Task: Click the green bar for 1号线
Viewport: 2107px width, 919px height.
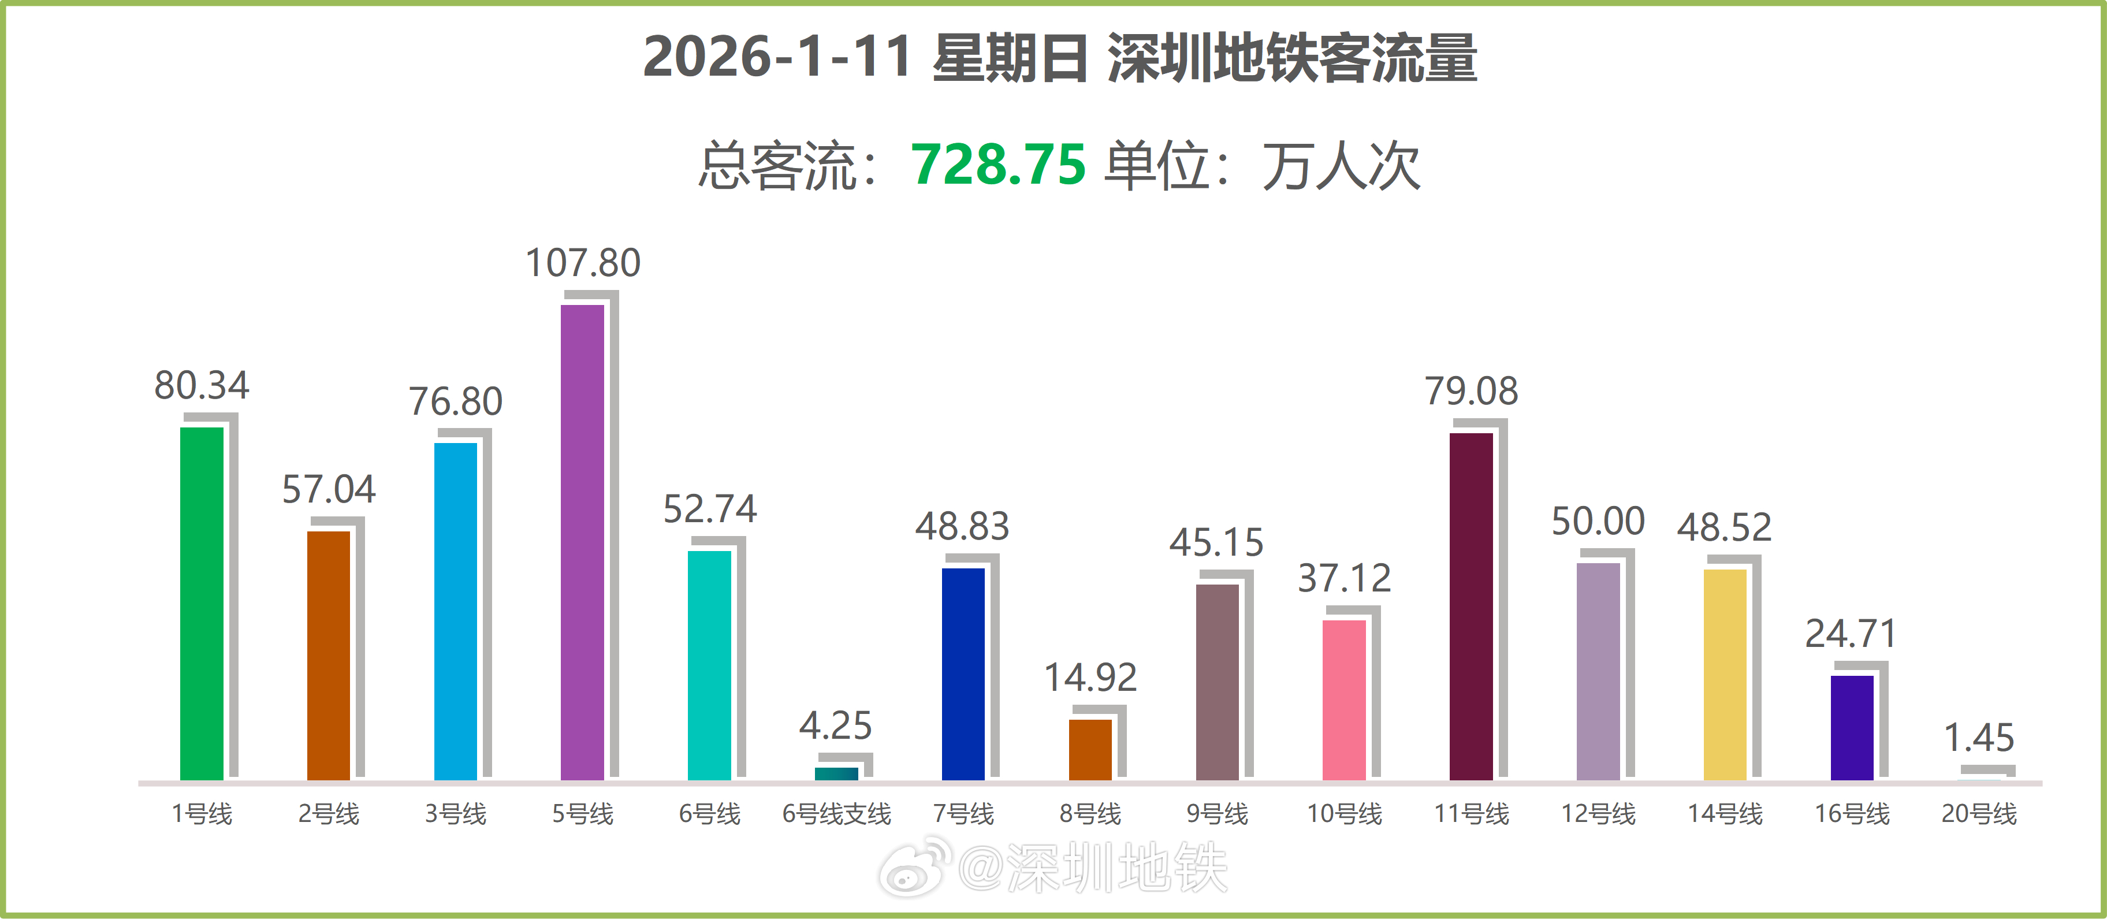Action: tap(201, 603)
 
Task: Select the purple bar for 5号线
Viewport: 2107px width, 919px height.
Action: tap(582, 542)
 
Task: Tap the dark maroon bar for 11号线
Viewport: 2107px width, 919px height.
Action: tap(1471, 605)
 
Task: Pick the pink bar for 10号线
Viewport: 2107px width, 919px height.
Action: tap(1344, 700)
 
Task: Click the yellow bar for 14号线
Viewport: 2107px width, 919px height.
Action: tap(1724, 674)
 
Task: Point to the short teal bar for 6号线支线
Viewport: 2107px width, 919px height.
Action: tap(836, 773)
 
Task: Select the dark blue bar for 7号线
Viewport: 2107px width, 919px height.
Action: tap(963, 674)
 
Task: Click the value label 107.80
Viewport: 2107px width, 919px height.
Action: tap(582, 263)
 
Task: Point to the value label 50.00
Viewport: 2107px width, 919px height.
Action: tap(1598, 521)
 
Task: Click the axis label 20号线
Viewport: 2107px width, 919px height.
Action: tap(1979, 813)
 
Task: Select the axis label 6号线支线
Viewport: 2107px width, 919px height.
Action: tap(836, 813)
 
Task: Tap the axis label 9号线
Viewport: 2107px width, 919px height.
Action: tap(1217, 813)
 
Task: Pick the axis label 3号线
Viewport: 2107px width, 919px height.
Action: tap(456, 813)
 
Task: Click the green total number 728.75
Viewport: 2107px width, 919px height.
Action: tap(998, 165)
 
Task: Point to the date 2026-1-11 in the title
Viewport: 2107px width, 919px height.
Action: tap(776, 57)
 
